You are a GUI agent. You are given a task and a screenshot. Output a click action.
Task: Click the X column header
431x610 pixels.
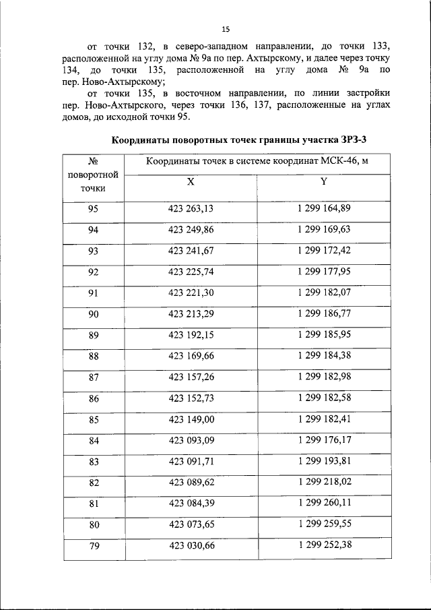191,182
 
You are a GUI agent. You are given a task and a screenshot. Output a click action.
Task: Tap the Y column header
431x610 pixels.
324,182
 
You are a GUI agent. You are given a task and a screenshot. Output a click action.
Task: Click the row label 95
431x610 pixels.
93,208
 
